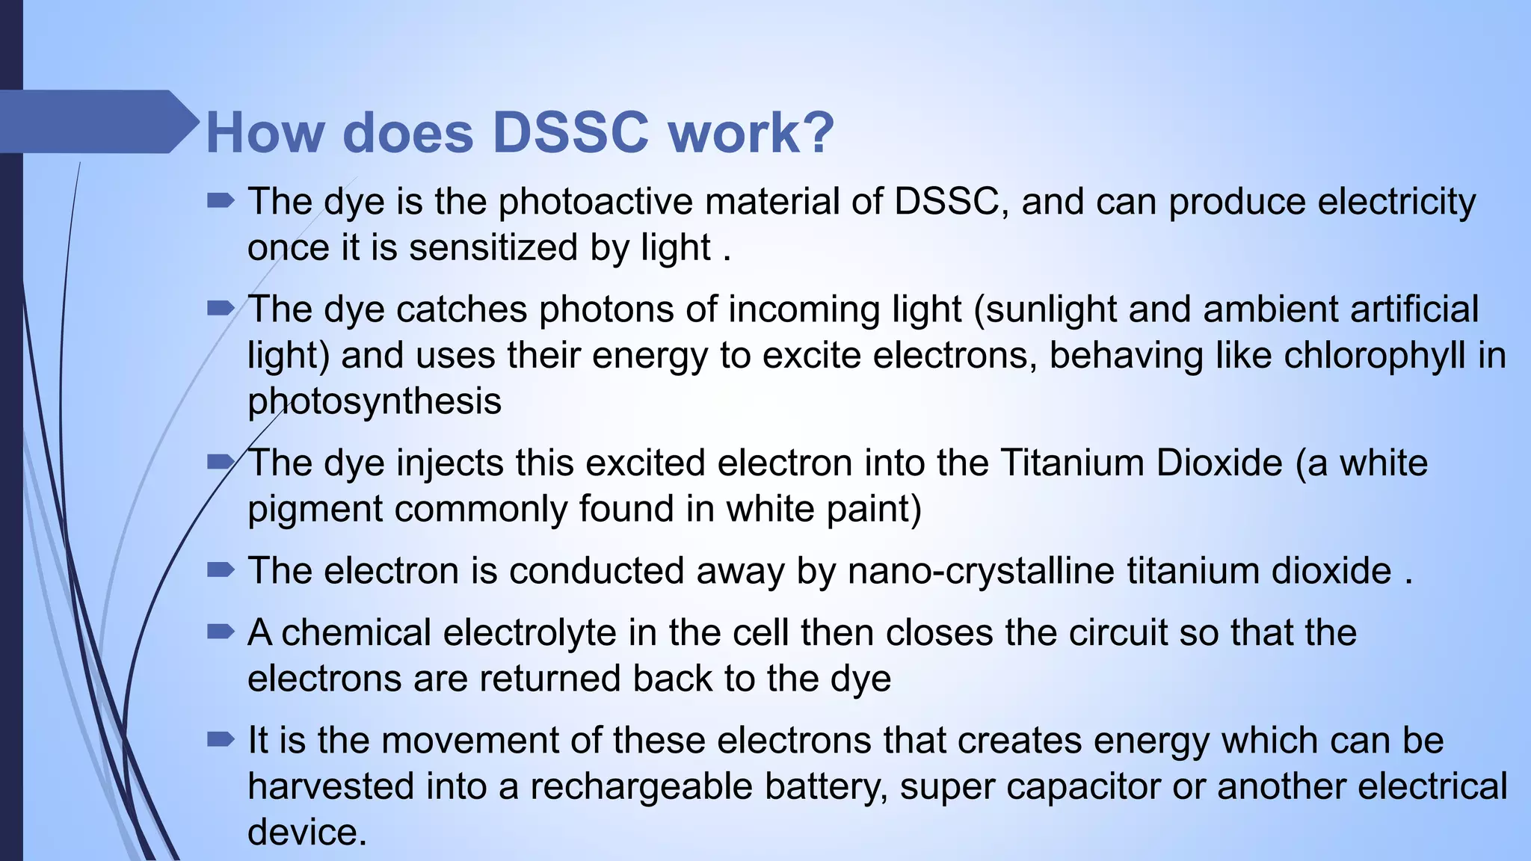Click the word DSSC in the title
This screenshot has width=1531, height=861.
570,133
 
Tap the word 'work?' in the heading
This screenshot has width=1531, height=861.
751,133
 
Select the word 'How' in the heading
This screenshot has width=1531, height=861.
265,133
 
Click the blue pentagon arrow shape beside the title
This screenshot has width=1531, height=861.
97,122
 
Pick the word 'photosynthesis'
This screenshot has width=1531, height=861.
374,401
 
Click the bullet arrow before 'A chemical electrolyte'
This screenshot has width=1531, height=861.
221,633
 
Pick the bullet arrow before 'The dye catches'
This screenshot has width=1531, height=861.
221,309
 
